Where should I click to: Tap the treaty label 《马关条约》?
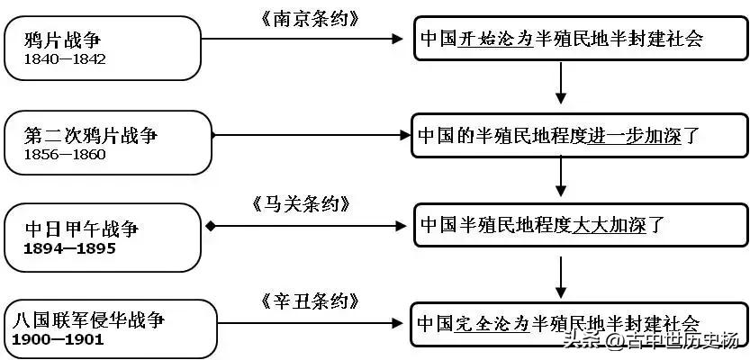tap(302, 205)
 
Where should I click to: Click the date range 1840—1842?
tap(65, 59)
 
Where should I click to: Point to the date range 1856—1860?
tap(65, 154)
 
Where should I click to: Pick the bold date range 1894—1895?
tap(70, 248)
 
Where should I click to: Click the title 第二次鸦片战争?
tap(90, 136)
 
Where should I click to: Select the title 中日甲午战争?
tap(82, 229)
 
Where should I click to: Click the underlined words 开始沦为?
tap(495, 40)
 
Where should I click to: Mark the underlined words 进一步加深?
tap(634, 137)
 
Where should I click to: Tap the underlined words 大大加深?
tap(610, 225)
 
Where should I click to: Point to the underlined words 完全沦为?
tap(492, 323)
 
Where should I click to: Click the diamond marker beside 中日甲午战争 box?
tap(210, 226)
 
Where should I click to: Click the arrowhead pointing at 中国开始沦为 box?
tap(398, 39)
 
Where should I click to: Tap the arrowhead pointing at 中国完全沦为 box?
tap(397, 323)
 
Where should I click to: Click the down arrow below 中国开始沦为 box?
tap(561, 83)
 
